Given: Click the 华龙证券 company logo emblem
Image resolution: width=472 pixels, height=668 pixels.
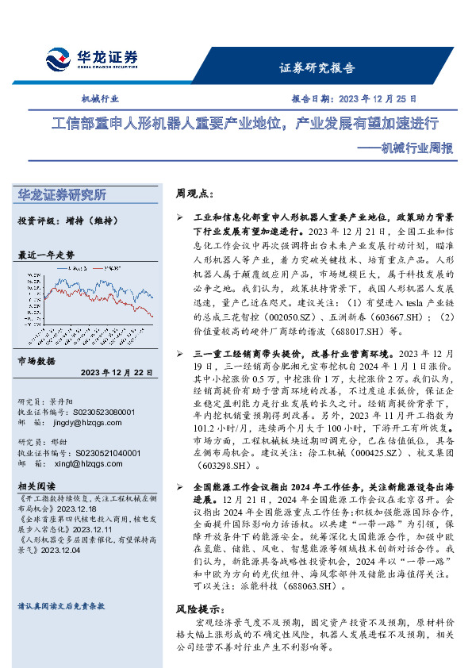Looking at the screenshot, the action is point(57,59).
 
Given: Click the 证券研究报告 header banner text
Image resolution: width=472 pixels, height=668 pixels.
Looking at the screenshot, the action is point(318,68).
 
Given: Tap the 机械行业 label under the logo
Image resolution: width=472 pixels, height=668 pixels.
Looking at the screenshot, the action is point(101,100).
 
